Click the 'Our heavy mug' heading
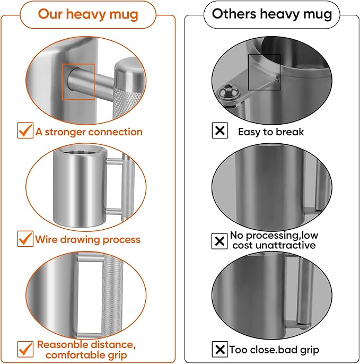(x=88, y=14)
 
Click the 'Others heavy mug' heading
(x=271, y=14)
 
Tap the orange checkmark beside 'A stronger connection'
(x=25, y=131)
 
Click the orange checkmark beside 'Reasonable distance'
(x=25, y=348)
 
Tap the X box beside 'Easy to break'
(x=220, y=131)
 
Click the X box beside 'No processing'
(x=219, y=241)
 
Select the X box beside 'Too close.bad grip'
(x=219, y=350)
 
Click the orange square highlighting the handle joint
(x=78, y=82)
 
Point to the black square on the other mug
(x=264, y=72)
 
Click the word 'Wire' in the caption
(x=46, y=239)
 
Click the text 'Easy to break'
(x=270, y=132)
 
